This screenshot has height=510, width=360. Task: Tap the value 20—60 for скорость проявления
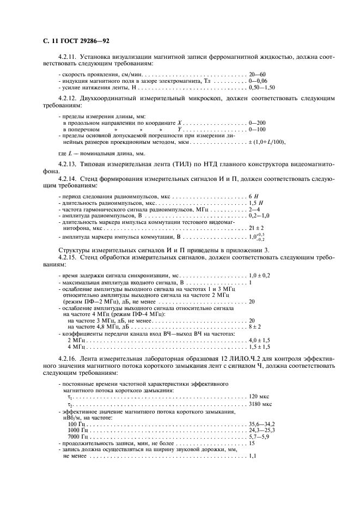(257, 74)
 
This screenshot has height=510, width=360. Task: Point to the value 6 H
(253, 195)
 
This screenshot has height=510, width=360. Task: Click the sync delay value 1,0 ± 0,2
(259, 276)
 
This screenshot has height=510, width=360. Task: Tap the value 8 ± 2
(254, 326)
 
